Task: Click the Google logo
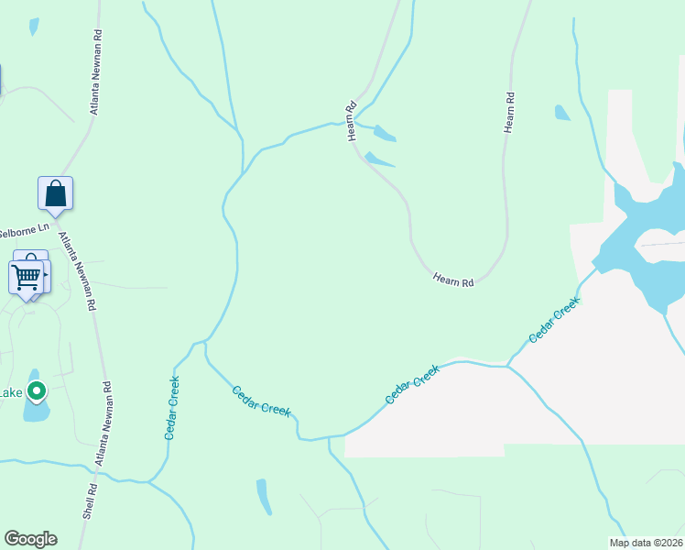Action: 30,539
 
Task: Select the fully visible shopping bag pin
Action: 55,193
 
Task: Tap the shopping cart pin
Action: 26,275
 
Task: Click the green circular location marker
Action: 37,391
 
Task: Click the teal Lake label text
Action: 10,393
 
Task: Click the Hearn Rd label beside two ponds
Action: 351,120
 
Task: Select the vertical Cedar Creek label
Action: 171,408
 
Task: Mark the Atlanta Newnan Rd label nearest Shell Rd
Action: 103,425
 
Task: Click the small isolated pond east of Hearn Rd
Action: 561,113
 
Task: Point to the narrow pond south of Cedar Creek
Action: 264,497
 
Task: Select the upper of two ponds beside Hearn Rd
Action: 384,134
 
